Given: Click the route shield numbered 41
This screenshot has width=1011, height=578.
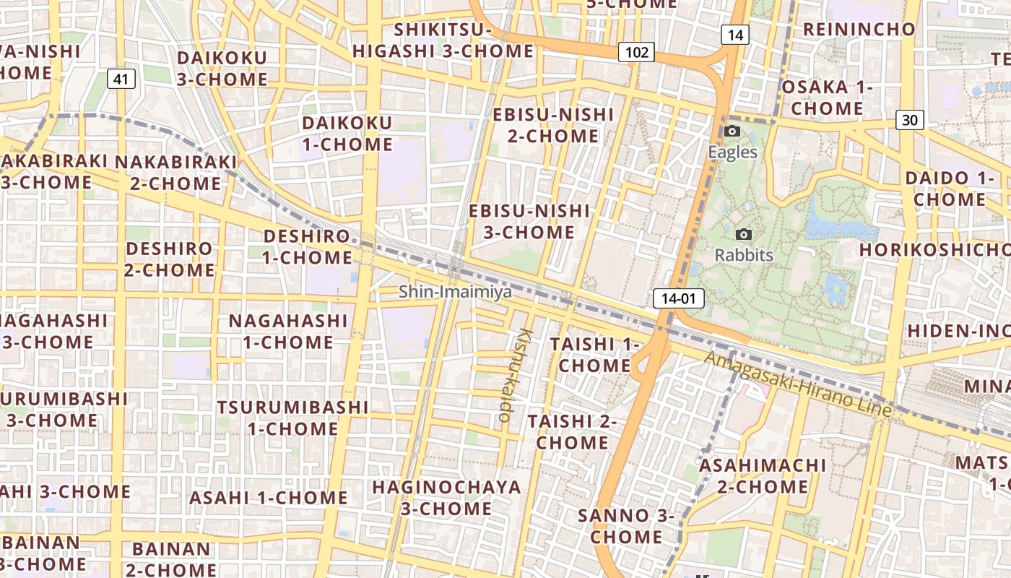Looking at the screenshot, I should (121, 79).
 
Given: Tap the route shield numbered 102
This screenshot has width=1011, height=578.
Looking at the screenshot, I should (636, 52).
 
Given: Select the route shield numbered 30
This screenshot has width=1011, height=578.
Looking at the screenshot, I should (909, 120).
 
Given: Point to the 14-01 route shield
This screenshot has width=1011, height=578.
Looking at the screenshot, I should (678, 298).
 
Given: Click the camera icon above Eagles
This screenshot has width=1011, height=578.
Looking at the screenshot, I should (732, 131).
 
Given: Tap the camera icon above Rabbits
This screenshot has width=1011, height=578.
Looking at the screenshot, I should (743, 234).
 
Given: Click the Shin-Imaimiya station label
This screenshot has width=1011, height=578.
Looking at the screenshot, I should (455, 292).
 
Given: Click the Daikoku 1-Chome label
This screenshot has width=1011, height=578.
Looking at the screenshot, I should (347, 134).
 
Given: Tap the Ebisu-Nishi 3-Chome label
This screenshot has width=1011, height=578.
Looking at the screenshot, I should (529, 222).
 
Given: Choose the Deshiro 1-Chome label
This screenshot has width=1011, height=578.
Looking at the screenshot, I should (307, 246).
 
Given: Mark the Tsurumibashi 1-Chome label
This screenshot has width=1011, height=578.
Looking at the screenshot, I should (292, 418).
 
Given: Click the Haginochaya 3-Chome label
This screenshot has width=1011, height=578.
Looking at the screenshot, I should (446, 498).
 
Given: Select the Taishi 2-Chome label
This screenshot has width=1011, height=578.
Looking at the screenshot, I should (572, 431).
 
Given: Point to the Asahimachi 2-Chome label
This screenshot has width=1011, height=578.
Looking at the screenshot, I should (763, 475).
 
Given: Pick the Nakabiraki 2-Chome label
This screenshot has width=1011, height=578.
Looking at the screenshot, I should (175, 173).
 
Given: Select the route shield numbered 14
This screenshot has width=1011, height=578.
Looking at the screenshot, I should (735, 34).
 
